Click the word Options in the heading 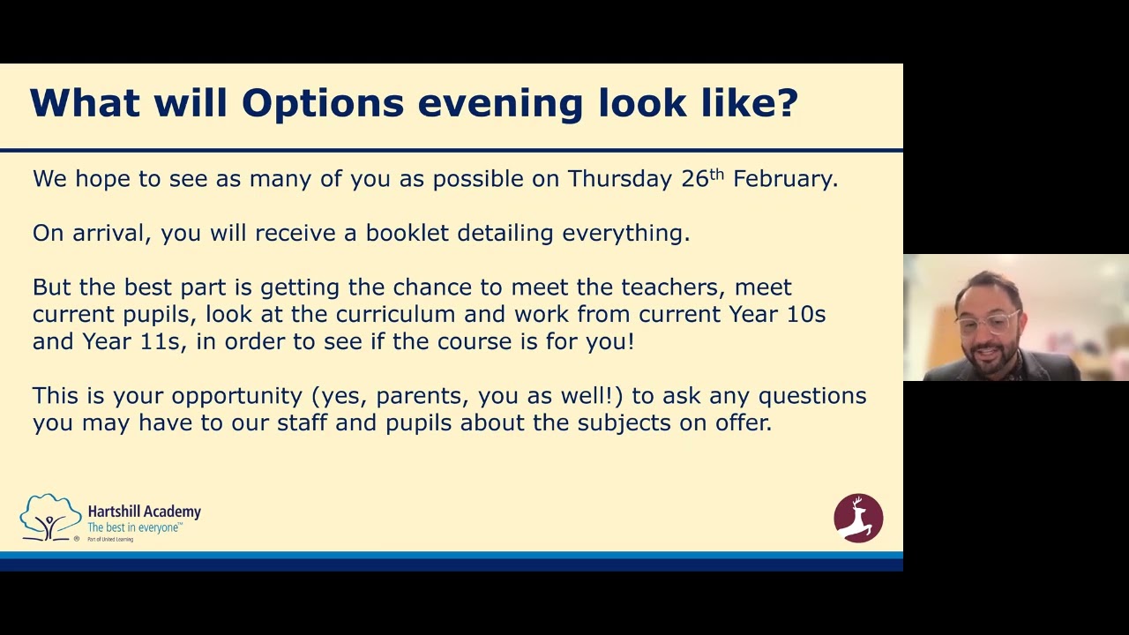pyautogui.click(x=322, y=103)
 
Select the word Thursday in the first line pyautogui.click(x=620, y=179)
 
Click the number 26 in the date pyautogui.click(x=695, y=179)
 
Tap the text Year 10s pyautogui.click(x=777, y=315)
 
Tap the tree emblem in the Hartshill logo pyautogui.click(x=50, y=517)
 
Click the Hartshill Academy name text pyautogui.click(x=144, y=512)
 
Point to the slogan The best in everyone pyautogui.click(x=134, y=527)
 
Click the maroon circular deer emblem pyautogui.click(x=858, y=518)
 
